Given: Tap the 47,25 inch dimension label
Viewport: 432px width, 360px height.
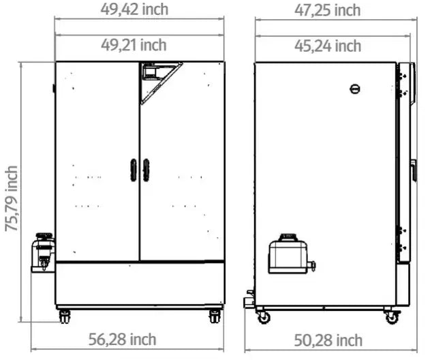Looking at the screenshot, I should point(328,10).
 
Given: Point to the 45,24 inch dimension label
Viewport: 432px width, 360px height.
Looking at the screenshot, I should point(328,46).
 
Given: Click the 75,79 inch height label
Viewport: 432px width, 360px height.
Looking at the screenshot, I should point(12,198).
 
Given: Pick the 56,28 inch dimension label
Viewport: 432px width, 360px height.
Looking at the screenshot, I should point(123,339).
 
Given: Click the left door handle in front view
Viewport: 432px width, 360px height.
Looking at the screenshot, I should point(134,170).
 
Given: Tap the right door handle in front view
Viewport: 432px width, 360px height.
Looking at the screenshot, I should point(146,170).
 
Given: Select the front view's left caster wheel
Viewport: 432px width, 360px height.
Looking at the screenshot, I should point(65,316).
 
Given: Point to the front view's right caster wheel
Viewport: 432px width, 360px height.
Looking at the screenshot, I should point(215,316).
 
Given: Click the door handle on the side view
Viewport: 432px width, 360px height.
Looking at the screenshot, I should point(414,170).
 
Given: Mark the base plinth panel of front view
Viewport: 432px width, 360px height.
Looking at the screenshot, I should point(140,283).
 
